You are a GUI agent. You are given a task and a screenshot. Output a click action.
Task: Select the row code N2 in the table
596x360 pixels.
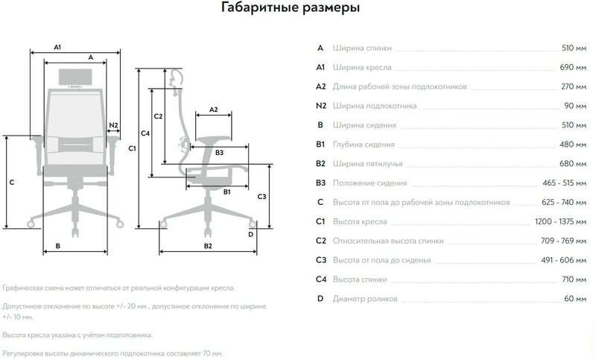321,106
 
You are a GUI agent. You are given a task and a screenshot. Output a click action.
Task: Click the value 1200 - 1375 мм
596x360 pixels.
560,221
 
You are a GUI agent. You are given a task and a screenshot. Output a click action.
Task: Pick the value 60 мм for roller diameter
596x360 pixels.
574,299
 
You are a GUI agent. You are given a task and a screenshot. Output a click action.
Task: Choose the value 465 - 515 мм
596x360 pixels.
563,183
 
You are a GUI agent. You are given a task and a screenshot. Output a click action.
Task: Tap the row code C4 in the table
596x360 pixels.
321,280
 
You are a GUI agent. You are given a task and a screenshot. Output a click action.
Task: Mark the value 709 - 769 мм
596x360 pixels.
563,241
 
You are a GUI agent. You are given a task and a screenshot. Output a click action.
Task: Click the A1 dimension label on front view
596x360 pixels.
57,47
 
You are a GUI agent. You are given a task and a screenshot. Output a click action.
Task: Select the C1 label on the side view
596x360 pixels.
131,148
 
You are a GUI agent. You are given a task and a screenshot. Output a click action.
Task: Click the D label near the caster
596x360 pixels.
250,234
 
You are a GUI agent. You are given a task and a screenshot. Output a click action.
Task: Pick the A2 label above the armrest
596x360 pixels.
213,110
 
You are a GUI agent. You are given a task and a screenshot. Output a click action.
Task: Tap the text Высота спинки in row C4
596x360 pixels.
360,280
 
